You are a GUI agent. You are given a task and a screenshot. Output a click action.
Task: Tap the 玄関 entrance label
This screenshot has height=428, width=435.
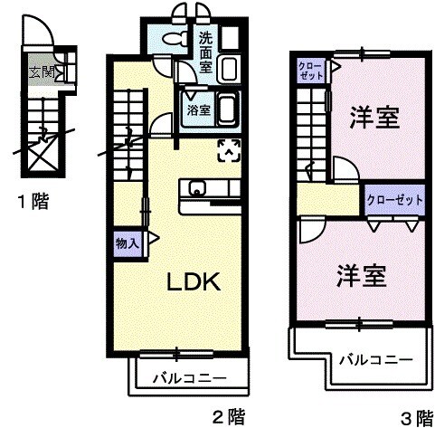click(41, 72)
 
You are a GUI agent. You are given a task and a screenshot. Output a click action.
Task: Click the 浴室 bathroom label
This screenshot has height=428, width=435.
click(199, 109)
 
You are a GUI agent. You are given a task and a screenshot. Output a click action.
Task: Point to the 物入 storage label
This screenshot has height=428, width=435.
click(126, 243)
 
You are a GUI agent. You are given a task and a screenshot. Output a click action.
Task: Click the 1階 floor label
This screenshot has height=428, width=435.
click(32, 202)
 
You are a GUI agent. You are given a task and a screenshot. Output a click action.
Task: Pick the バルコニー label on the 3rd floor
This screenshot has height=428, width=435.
click(377, 359)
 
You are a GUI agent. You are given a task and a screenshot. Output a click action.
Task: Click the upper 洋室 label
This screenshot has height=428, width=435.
click(375, 119)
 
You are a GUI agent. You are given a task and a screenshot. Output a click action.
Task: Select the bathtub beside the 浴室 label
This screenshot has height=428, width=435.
click(227, 109)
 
